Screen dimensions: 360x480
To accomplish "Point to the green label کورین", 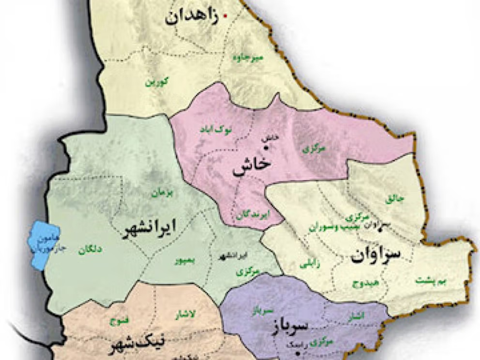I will click(x=157, y=82).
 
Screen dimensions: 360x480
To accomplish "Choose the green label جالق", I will click(x=394, y=198).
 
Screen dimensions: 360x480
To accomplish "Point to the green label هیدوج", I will click(x=363, y=284).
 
